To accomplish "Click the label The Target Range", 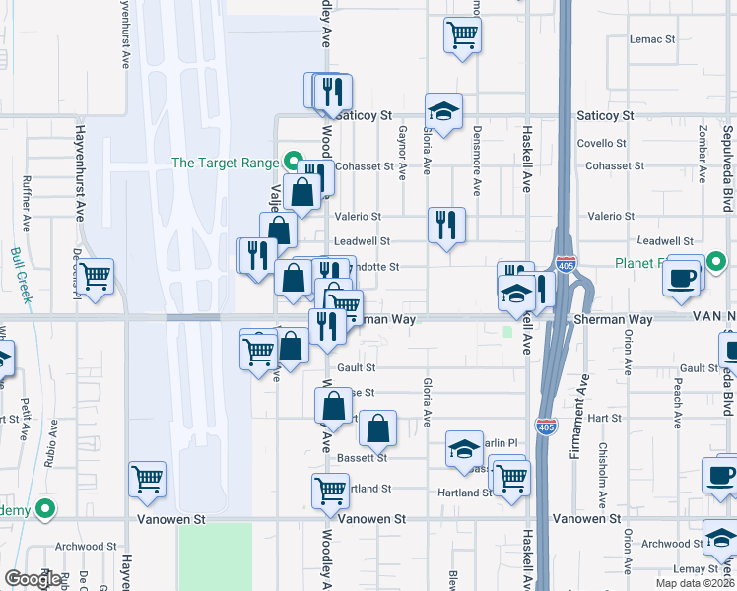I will click(x=226, y=163).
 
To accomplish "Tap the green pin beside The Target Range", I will click(x=293, y=162).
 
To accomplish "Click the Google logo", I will click(x=33, y=578).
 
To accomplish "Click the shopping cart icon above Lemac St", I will click(x=462, y=35).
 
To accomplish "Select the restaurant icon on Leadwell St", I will click(x=445, y=225).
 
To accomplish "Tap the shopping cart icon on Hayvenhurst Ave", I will click(x=147, y=480).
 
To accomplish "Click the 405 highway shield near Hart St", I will click(x=546, y=426).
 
